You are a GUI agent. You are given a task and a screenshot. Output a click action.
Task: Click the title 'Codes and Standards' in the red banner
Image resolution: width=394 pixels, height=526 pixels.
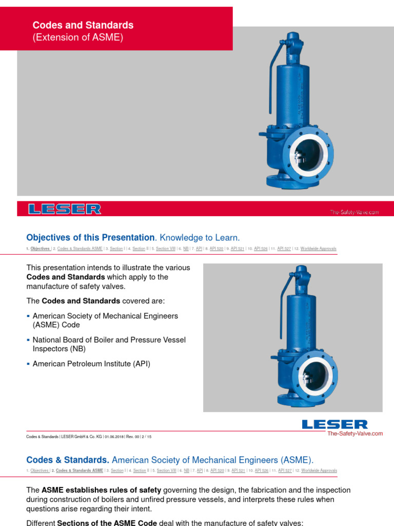point(83,25)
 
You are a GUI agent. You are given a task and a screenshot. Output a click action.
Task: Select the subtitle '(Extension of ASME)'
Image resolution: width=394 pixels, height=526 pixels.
point(78,37)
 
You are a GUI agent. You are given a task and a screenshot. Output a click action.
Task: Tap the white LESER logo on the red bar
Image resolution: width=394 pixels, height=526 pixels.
point(65,209)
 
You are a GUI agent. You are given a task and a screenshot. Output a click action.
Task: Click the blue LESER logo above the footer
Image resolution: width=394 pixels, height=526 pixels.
point(334,424)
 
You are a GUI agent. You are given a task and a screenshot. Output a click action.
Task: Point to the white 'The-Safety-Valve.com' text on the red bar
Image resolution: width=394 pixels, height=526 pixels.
point(354,212)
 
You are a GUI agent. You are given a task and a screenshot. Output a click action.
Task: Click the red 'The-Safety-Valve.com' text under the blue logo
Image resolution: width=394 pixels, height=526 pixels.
point(355,434)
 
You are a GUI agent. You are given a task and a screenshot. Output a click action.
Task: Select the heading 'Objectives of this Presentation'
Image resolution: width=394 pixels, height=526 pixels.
point(90,237)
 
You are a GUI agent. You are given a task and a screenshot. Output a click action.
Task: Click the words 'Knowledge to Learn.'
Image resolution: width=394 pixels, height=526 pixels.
point(200,237)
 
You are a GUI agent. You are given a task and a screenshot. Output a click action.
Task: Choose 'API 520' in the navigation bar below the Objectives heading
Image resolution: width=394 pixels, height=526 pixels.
point(216,249)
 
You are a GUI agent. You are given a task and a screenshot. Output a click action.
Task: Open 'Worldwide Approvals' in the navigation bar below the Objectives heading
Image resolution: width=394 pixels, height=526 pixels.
point(319,249)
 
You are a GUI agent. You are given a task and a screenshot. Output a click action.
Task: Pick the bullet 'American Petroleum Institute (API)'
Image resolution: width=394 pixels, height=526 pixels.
point(91,364)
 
